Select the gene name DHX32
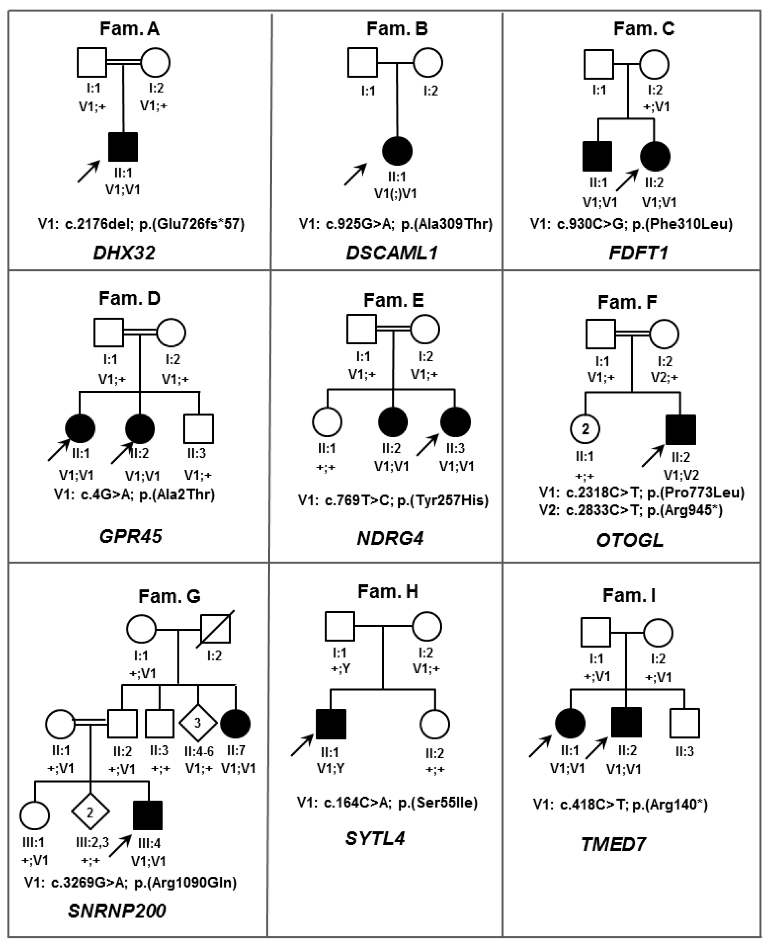point(124,253)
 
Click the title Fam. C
point(644,29)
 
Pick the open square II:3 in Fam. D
point(199,429)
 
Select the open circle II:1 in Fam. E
point(327,422)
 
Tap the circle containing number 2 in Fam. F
point(585,429)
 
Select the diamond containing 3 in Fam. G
point(198,723)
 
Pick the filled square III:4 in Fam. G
point(148,815)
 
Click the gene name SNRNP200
point(117,911)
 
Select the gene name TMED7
point(614,845)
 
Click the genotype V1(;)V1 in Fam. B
point(396,194)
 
